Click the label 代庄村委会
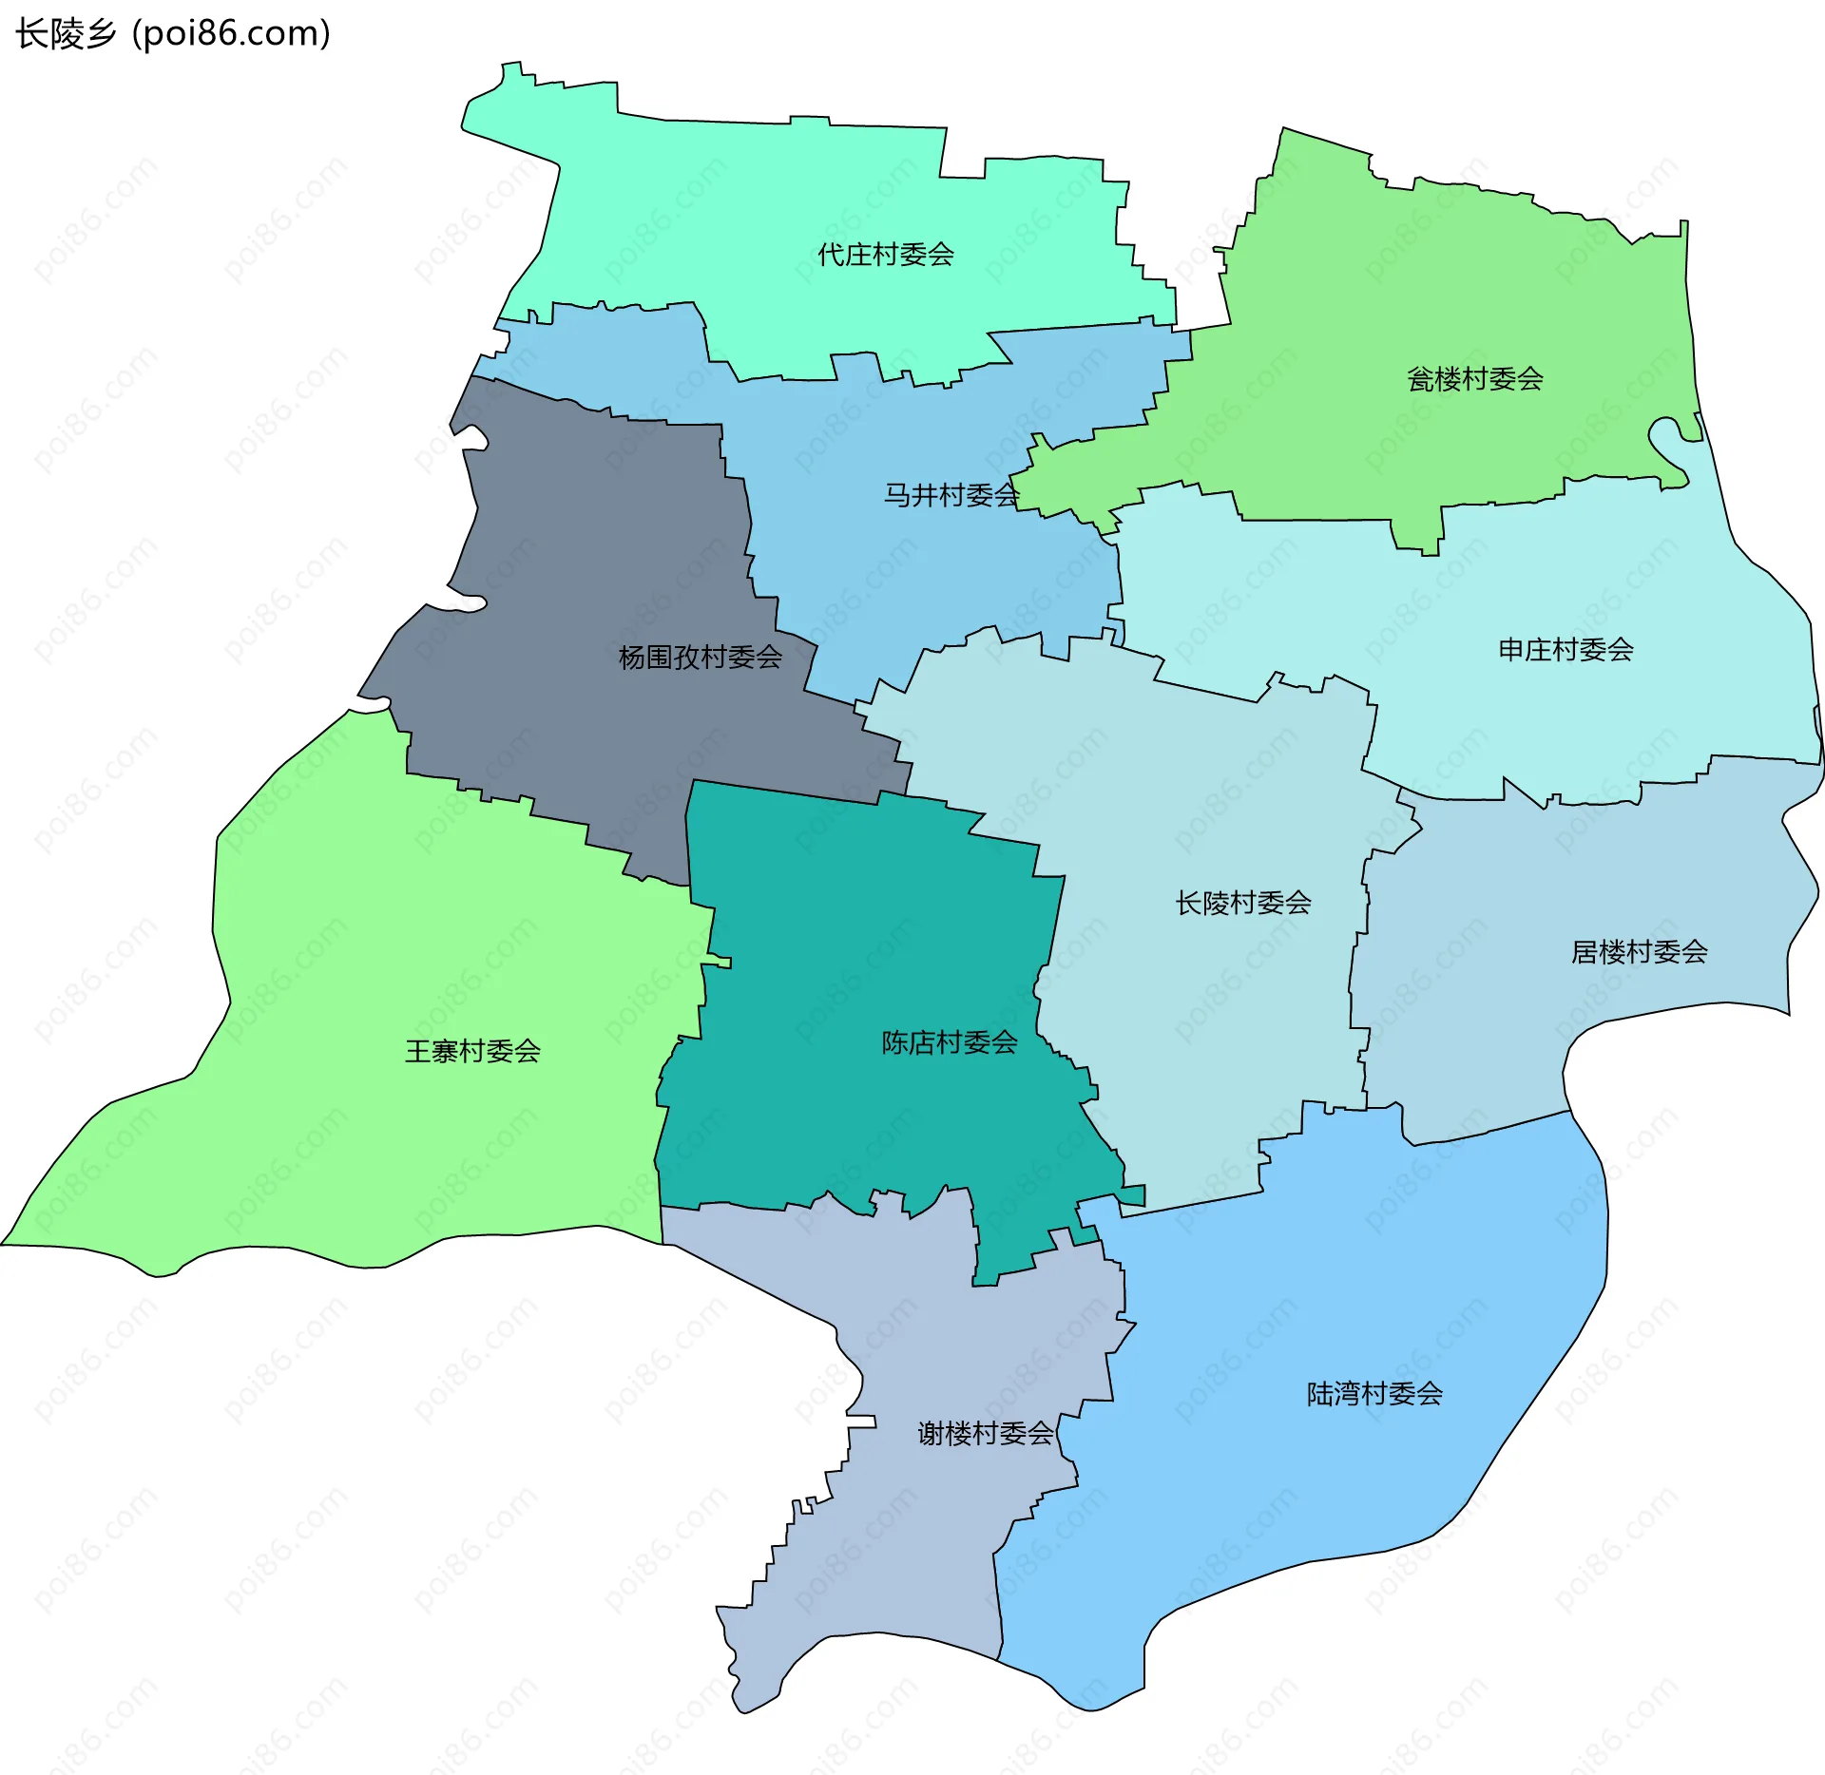click(885, 255)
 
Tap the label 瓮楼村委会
click(1474, 379)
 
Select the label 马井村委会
click(951, 495)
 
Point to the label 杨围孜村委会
click(700, 658)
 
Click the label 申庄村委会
click(1566, 650)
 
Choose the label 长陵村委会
click(1242, 903)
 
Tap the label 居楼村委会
click(1639, 952)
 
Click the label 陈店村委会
click(949, 1043)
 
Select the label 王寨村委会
click(472, 1051)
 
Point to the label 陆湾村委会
click(1374, 1394)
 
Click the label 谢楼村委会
click(985, 1433)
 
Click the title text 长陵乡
click(66, 34)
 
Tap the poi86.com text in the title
click(231, 34)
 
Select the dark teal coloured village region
click(855, 950)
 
